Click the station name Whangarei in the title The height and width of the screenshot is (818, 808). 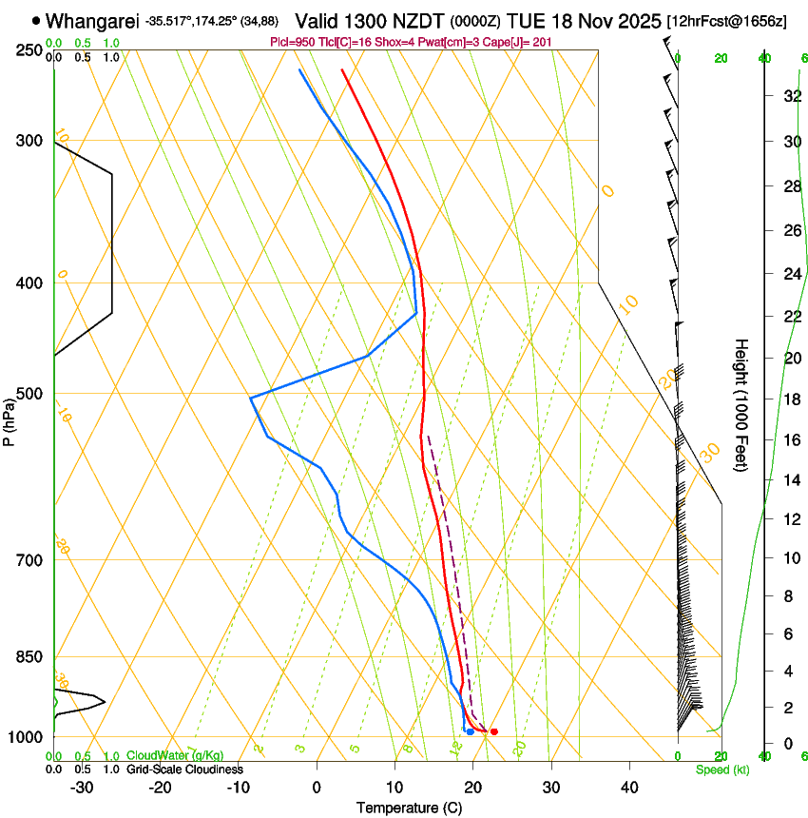click(91, 20)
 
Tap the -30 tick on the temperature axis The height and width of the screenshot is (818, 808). click(82, 787)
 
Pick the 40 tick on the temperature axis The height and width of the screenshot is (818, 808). click(629, 787)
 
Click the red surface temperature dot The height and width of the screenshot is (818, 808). click(493, 731)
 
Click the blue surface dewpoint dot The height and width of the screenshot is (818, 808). click(471, 731)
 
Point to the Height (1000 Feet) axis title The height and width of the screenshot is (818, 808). click(741, 404)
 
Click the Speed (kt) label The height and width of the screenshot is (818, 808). click(721, 769)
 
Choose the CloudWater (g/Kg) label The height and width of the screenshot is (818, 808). click(175, 755)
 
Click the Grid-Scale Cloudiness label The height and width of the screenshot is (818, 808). click(184, 769)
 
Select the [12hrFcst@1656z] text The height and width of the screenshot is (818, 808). click(726, 21)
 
